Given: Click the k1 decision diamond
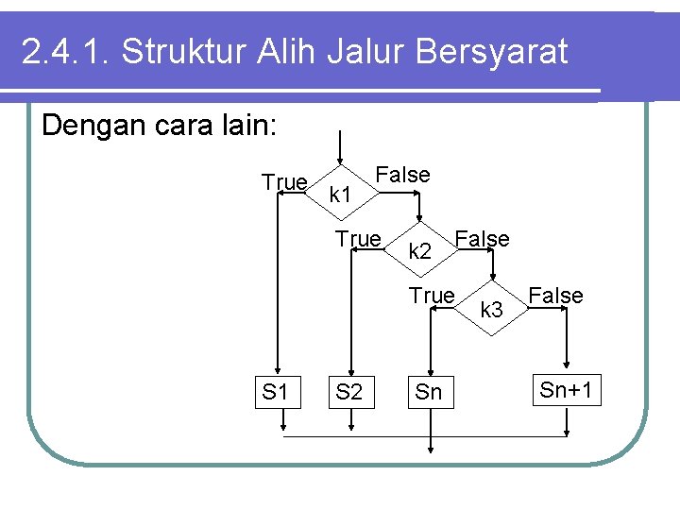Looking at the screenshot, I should [x=342, y=194].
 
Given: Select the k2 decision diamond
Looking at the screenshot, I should [x=420, y=251].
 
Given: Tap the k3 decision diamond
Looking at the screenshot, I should [x=492, y=308].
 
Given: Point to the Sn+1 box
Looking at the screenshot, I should [x=568, y=390].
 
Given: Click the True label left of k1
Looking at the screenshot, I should [x=284, y=182].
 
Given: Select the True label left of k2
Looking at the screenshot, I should [x=359, y=239].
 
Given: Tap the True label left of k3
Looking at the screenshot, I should [x=432, y=296].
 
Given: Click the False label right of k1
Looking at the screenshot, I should [x=402, y=175].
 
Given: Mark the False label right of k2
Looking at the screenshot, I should [x=482, y=239].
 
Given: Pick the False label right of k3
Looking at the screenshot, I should [x=555, y=296].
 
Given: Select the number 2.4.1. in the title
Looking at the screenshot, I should [x=64, y=53].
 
